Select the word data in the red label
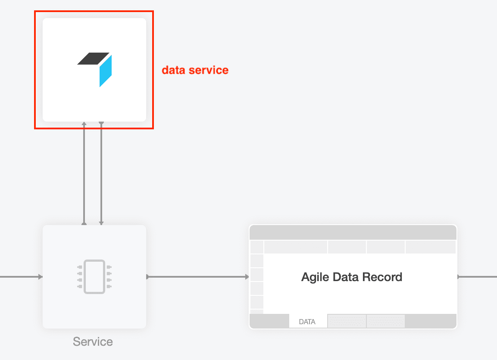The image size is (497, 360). click(x=173, y=70)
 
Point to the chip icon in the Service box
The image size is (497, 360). click(x=94, y=277)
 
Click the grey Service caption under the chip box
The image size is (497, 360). click(x=93, y=342)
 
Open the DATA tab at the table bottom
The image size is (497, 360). click(x=307, y=322)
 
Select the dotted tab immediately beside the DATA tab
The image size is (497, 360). click(x=347, y=321)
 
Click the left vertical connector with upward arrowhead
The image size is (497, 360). click(x=84, y=172)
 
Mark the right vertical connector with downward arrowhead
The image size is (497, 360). click(x=101, y=172)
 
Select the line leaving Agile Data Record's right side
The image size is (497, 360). click(x=478, y=277)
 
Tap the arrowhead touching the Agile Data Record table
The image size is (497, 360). click(x=247, y=277)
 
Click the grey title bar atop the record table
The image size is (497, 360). click(x=353, y=232)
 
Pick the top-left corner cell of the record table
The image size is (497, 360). click(x=256, y=247)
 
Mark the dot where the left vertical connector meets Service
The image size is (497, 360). click(x=84, y=224)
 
